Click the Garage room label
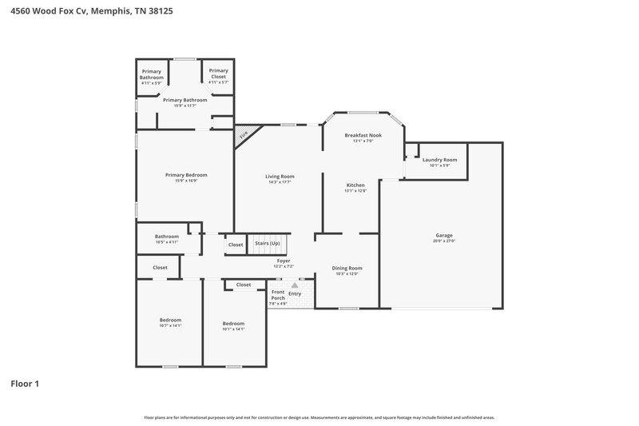point(444,236)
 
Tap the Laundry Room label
point(439,160)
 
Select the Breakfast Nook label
point(363,135)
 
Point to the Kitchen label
point(355,185)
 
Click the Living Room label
point(280,176)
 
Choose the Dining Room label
point(347,268)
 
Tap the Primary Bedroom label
point(186,175)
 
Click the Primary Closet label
point(218,70)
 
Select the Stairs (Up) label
point(267,243)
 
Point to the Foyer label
point(284,261)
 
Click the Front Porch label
point(277,296)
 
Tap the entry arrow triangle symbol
point(295,285)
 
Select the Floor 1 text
point(25,384)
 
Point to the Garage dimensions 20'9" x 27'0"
point(444,241)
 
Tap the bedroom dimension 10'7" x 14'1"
point(170,325)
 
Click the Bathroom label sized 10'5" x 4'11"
point(167,237)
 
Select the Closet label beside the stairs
point(236,245)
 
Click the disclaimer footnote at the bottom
point(319,417)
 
